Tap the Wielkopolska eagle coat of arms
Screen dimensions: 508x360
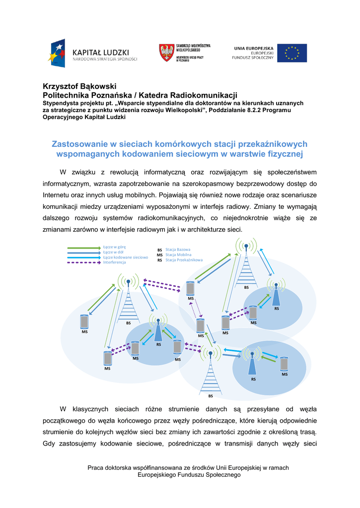[166, 53]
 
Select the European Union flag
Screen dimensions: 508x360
[292, 53]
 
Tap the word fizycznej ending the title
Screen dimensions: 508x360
[285, 154]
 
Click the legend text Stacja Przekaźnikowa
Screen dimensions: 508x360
[184, 260]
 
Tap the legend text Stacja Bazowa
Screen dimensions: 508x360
[178, 250]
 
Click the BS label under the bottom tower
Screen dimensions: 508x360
[211, 396]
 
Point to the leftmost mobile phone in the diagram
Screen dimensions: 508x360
[84, 321]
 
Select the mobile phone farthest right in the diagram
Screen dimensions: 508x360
[284, 364]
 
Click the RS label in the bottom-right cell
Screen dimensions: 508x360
[253, 379]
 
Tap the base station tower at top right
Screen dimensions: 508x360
[246, 265]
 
